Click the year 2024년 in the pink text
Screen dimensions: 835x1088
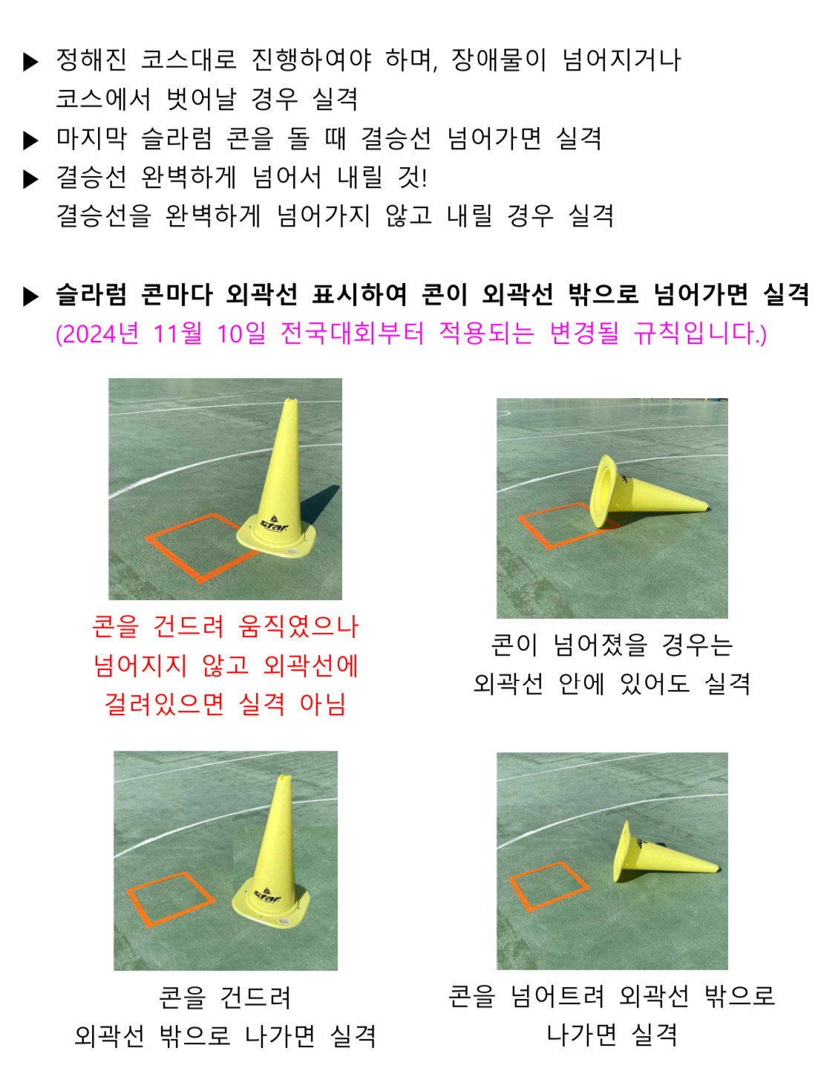tap(97, 333)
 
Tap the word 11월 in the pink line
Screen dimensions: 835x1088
tap(177, 333)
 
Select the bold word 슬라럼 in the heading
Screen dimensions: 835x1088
tap(91, 294)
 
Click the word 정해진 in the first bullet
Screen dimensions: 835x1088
tap(91, 60)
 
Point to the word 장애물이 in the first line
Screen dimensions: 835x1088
tap(498, 60)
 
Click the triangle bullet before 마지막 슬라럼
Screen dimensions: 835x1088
tap(31, 140)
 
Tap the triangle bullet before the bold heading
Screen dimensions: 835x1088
tap(31, 296)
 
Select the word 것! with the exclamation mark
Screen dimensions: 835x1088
tap(412, 177)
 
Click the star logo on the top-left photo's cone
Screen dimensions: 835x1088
tap(272, 524)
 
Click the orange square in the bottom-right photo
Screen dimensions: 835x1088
tap(549, 886)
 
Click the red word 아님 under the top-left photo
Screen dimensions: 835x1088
tap(322, 704)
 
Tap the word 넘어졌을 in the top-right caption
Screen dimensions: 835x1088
tap(600, 645)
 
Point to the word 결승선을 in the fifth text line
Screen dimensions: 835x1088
tap(103, 215)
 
